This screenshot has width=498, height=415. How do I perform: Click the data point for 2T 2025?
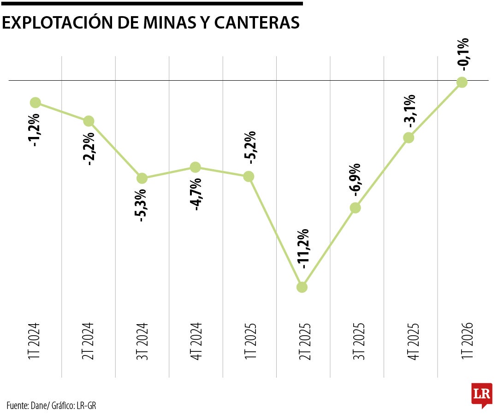[x=302, y=287]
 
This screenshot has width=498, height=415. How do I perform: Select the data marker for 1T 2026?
[x=462, y=82]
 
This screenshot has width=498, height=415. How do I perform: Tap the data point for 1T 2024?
[x=35, y=102]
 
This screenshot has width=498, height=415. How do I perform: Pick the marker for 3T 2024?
[x=142, y=178]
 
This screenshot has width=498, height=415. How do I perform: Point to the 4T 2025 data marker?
[x=409, y=137]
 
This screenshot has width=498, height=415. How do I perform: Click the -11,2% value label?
[x=302, y=249]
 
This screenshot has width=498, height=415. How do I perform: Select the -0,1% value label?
[x=463, y=54]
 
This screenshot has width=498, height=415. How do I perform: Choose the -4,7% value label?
[x=196, y=195]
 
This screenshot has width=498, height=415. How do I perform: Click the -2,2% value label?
[x=89, y=148]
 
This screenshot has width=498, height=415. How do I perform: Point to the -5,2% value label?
[x=249, y=148]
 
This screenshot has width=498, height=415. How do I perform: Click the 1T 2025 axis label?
[x=250, y=341]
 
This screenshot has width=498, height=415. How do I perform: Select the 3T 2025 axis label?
[x=359, y=341]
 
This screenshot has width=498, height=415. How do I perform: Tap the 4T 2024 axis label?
[x=196, y=341]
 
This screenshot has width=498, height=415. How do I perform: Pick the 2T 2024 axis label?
[x=88, y=341]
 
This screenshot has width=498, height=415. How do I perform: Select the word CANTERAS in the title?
[x=257, y=23]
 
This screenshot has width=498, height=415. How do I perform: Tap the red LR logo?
[x=482, y=395]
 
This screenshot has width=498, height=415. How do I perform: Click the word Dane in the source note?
[x=39, y=405]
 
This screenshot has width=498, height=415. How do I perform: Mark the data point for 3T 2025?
[x=356, y=207]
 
